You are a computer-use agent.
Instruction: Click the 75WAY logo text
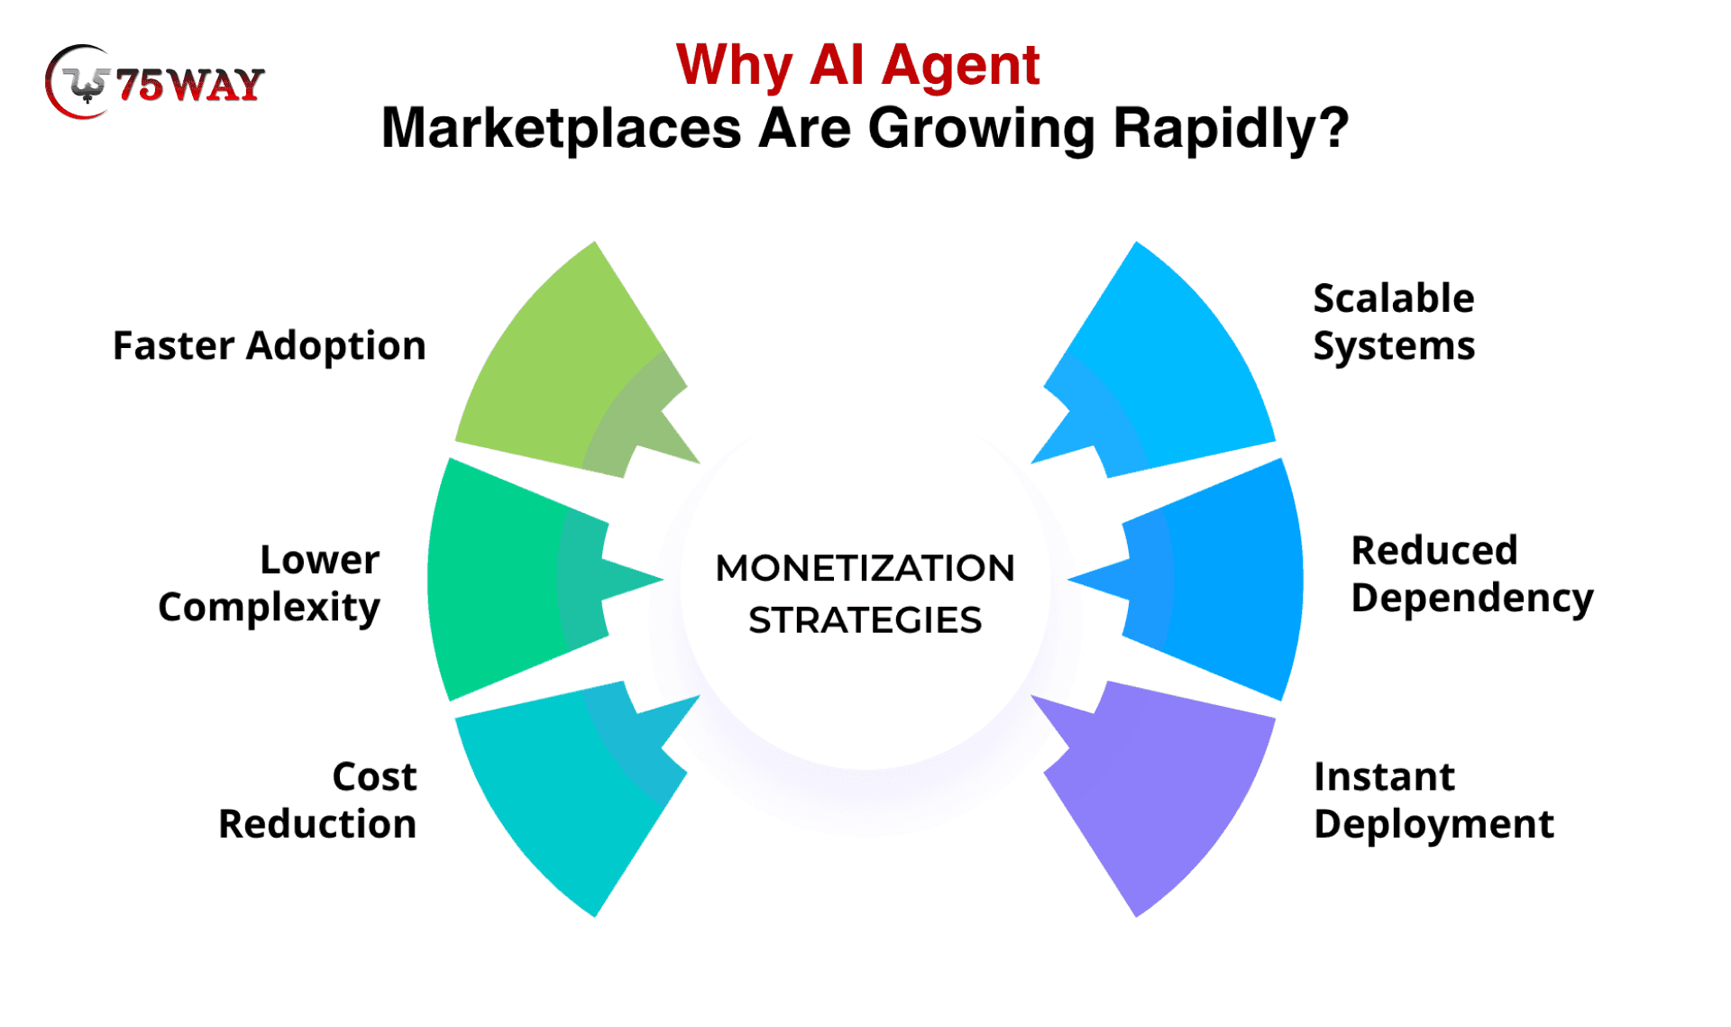pyautogui.click(x=190, y=85)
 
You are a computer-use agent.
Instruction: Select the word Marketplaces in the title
pyautogui.click(x=561, y=128)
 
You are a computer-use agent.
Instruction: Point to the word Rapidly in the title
pyautogui.click(x=1230, y=128)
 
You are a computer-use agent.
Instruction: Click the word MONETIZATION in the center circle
pyautogui.click(x=865, y=568)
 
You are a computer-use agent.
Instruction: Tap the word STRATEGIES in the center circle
pyautogui.click(x=865, y=620)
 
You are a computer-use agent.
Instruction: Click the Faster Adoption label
pyautogui.click(x=269, y=346)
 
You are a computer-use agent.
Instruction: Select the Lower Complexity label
pyautogui.click(x=270, y=583)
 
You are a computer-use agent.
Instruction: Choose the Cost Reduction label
pyautogui.click(x=317, y=800)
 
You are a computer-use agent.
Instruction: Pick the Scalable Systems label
pyautogui.click(x=1393, y=322)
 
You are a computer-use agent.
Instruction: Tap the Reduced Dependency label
pyautogui.click(x=1471, y=574)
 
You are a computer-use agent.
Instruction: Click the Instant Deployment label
pyautogui.click(x=1433, y=800)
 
